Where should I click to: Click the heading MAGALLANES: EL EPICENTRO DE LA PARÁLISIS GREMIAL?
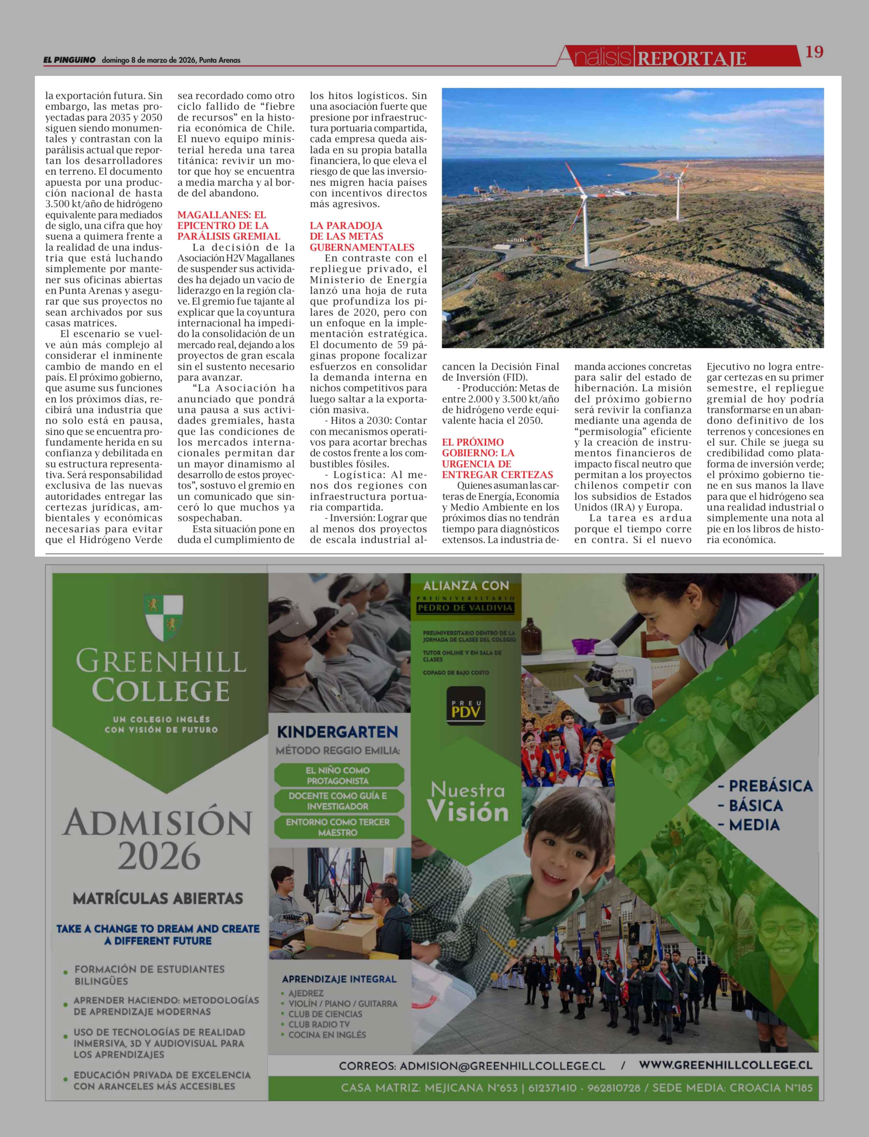click(x=229, y=226)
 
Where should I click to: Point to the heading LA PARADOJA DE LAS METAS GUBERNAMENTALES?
click(x=362, y=236)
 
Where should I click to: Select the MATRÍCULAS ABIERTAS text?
click(x=158, y=899)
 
